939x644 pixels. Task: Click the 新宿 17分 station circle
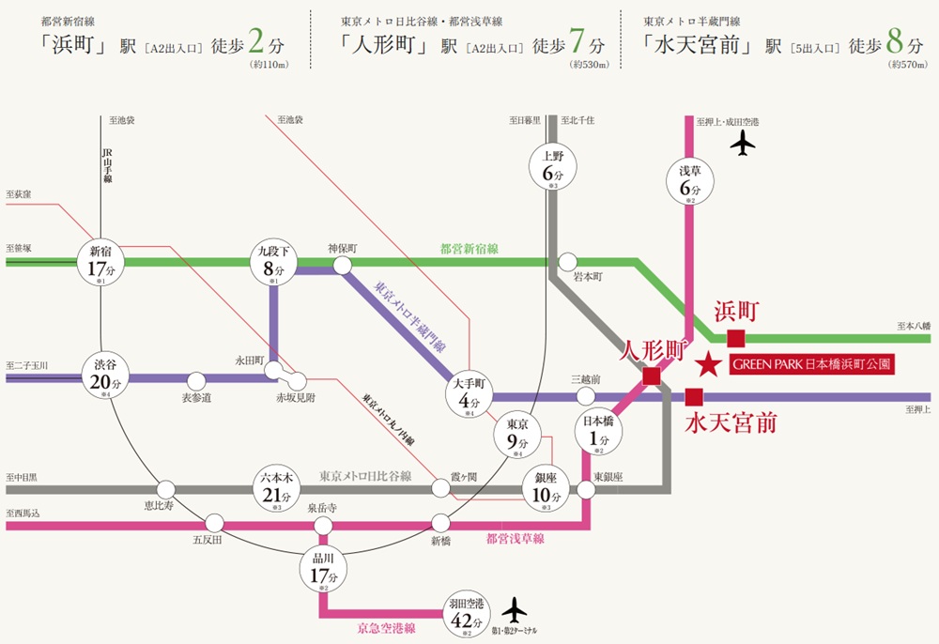tap(100, 262)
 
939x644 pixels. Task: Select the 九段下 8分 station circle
tap(273, 262)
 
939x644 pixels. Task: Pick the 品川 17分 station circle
tap(322, 568)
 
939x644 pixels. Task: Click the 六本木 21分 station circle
tap(275, 488)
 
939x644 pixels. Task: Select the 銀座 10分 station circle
tap(546, 488)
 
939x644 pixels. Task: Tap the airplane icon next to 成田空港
tap(743, 144)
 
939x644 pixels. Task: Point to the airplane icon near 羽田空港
tap(515, 609)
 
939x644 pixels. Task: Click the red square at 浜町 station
tap(735, 338)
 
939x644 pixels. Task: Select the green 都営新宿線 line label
tap(469, 249)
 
